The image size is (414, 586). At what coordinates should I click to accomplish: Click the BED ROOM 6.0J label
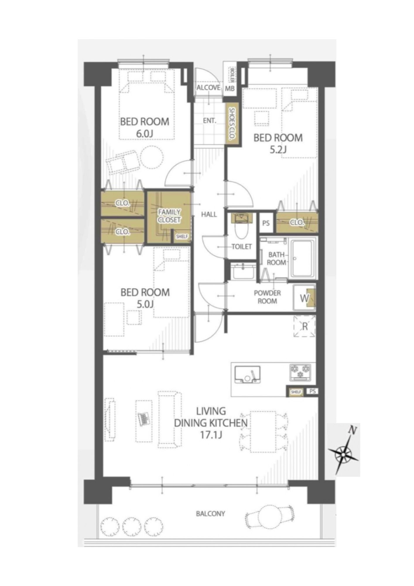[145, 127]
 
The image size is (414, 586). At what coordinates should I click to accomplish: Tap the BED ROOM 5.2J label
[278, 143]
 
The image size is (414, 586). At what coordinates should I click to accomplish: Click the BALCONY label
[211, 513]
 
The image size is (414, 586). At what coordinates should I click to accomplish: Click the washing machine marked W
[304, 298]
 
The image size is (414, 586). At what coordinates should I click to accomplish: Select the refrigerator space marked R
[305, 326]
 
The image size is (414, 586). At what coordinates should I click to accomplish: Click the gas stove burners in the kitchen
[300, 372]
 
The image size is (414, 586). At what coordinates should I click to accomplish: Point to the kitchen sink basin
[247, 374]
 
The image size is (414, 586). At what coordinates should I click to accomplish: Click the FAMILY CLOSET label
[169, 216]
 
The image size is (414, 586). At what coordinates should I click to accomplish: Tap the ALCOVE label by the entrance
[208, 88]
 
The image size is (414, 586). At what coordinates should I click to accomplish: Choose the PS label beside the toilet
[266, 223]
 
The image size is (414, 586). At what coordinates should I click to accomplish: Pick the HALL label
[209, 214]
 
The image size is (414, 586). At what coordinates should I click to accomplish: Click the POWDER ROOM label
[267, 297]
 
